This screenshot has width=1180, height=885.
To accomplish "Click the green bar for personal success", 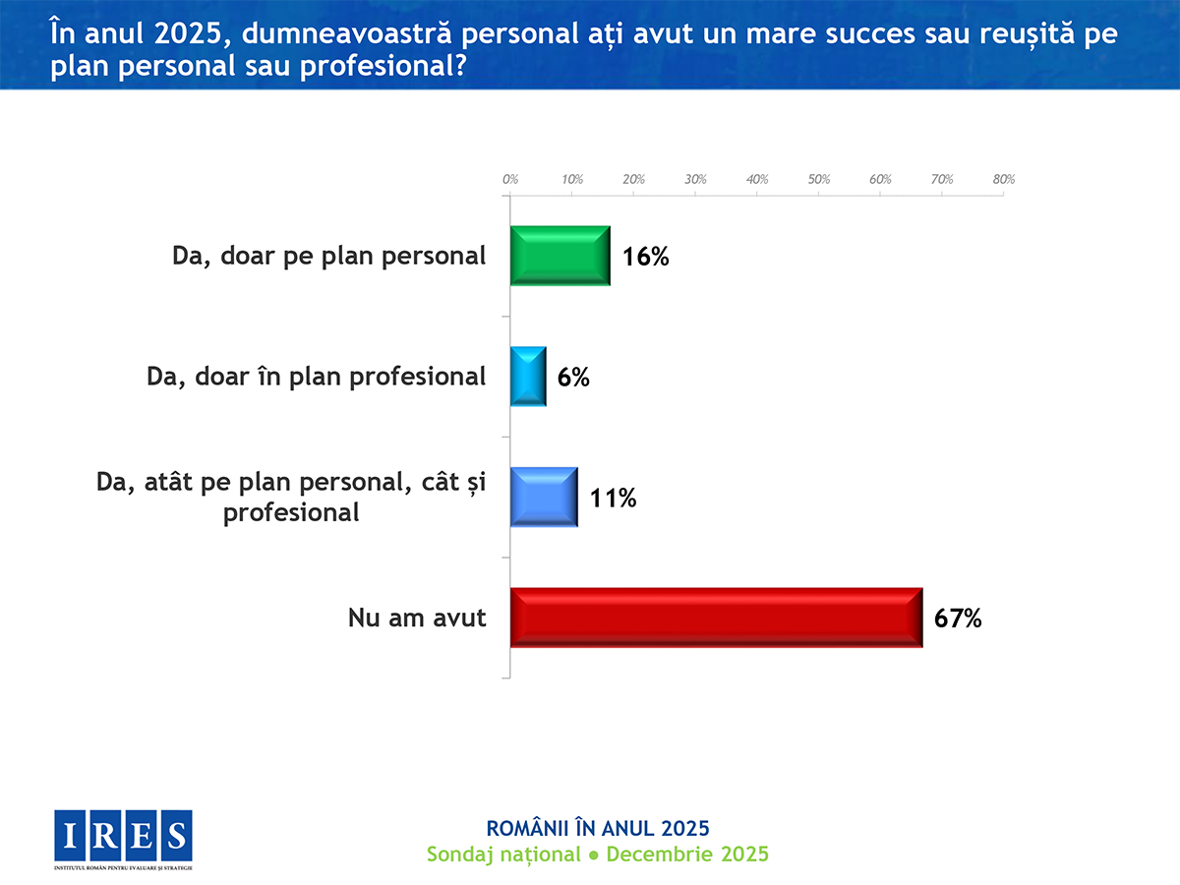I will click(x=560, y=256).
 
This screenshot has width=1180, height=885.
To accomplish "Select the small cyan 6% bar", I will click(x=528, y=377).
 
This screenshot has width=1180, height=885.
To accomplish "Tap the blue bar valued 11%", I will click(x=544, y=498).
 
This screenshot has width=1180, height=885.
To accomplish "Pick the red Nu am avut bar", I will click(x=716, y=618).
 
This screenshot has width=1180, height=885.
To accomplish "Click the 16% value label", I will click(x=646, y=258).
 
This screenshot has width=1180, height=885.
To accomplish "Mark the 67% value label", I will click(x=959, y=619).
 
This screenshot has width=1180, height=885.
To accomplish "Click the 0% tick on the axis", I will click(x=510, y=180).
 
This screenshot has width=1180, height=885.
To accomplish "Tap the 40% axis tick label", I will click(x=757, y=180).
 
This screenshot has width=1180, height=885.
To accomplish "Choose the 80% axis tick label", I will click(x=1004, y=180).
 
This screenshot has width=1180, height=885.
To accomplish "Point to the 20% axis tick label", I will click(x=634, y=180).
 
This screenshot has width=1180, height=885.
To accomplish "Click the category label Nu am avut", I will click(x=417, y=619).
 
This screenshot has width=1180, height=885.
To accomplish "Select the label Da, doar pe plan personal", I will click(x=328, y=256).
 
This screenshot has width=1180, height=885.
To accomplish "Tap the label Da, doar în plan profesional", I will click(x=316, y=377).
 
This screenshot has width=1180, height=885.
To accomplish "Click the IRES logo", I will click(x=124, y=836).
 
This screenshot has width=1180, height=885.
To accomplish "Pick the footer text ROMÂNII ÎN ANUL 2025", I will click(x=598, y=827).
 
